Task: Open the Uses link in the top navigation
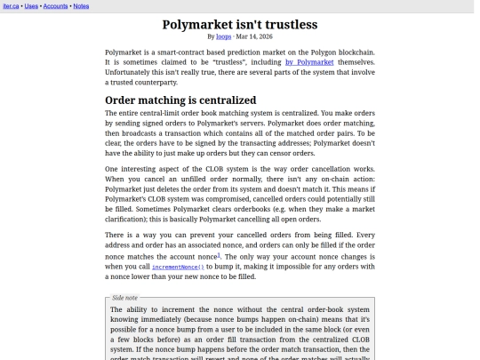[30, 5]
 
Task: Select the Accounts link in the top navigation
[55, 5]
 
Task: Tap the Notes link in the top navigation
[81, 5]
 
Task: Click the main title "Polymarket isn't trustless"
[240, 24]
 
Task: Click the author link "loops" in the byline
[223, 36]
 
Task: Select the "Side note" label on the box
[124, 298]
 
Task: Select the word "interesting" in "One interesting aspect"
[146, 169]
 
